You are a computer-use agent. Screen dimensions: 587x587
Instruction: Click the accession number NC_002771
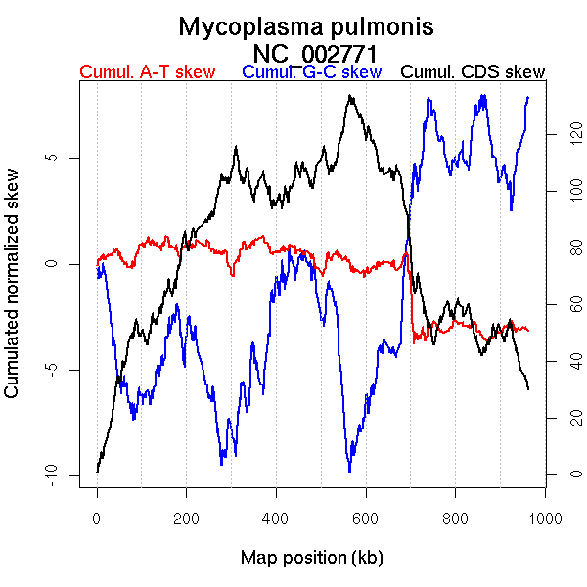315,52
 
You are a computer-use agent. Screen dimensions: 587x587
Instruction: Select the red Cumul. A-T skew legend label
147,72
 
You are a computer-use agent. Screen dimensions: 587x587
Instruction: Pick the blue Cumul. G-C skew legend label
311,72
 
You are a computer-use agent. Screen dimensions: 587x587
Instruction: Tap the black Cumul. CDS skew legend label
474,72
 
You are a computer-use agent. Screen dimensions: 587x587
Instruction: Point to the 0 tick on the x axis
97,518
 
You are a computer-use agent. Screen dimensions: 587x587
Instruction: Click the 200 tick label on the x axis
186,518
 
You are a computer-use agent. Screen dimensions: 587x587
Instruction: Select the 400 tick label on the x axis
276,518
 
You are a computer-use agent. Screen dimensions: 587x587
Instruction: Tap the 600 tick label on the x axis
365,518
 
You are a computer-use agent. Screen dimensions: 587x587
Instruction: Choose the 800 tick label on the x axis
455,518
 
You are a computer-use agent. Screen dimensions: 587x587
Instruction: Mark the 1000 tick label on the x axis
544,518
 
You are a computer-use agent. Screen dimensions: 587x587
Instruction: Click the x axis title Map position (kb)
311,558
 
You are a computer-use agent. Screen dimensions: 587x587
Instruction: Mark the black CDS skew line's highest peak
348,96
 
